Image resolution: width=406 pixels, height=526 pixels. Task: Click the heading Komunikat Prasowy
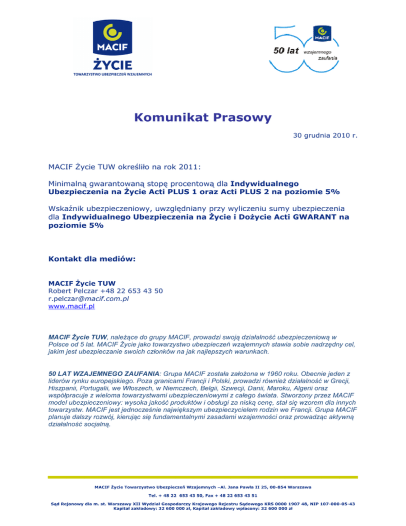[203, 117]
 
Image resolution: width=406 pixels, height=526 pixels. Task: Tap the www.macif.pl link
[71, 306]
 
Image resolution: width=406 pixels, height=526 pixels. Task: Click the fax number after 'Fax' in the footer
[240, 495]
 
